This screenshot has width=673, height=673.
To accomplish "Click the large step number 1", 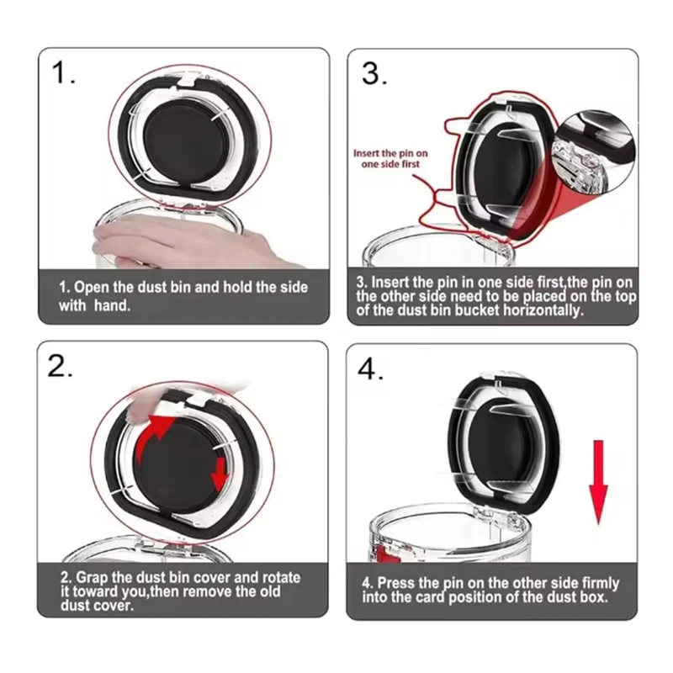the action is tap(62, 72).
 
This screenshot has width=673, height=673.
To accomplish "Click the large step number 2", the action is tap(60, 366).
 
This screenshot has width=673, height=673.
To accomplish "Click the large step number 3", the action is tap(374, 73).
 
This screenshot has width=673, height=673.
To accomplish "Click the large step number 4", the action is tap(370, 368).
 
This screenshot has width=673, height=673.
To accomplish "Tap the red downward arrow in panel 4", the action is tap(598, 481).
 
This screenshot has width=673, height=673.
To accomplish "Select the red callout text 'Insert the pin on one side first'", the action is tap(390, 158).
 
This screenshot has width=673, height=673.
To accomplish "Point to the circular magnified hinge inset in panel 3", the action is tap(595, 152).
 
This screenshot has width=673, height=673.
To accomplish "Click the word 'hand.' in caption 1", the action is tap(112, 305).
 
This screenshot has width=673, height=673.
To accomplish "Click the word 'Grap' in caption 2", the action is tap(91, 578).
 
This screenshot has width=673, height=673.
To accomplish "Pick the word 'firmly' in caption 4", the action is tap(600, 583).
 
